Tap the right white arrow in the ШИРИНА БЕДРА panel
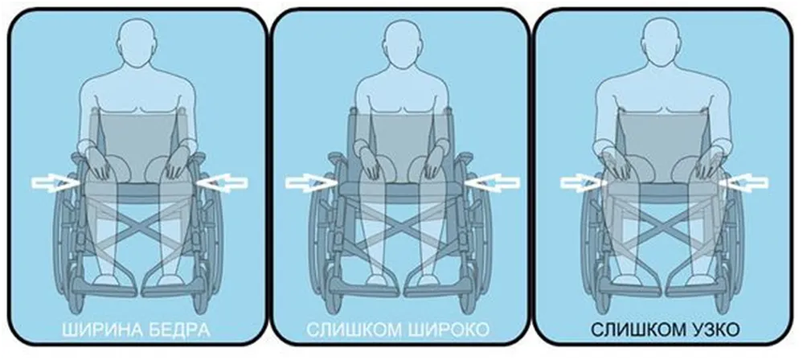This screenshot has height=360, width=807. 223,183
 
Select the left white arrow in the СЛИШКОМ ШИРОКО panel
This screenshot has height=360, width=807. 309,182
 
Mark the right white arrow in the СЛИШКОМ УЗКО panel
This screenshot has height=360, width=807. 744,182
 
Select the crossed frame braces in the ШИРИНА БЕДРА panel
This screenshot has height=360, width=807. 137,227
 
